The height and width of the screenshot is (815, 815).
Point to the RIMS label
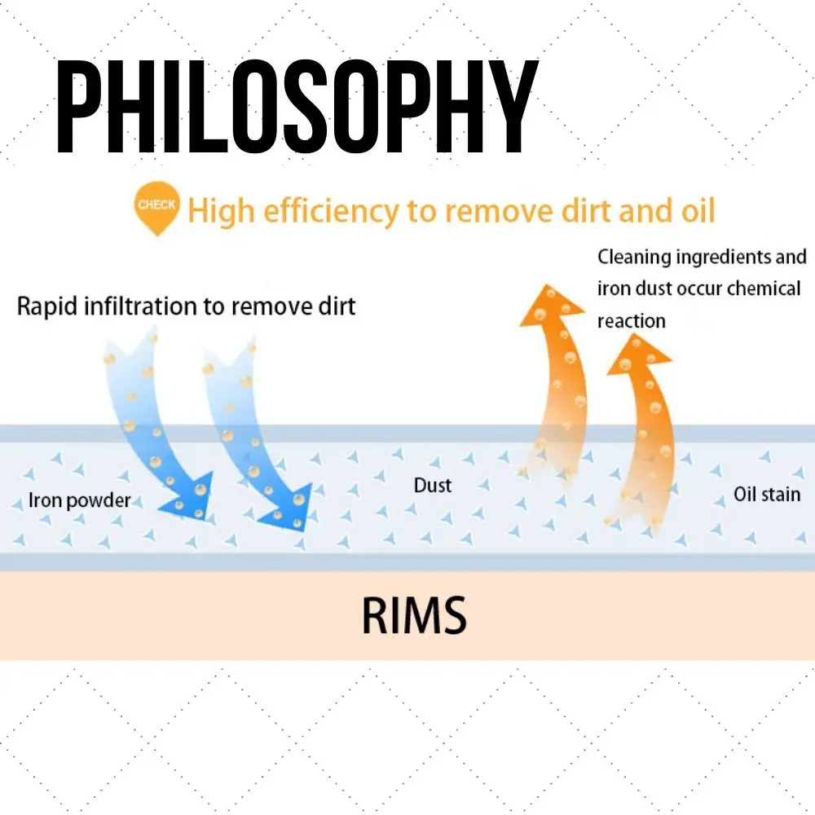click(414, 615)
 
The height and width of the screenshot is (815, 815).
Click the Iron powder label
click(79, 500)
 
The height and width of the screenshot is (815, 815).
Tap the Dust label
click(433, 486)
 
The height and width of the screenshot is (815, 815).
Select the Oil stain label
click(767, 494)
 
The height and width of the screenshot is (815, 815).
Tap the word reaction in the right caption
click(631, 320)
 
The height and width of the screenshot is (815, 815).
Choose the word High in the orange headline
click(214, 211)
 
